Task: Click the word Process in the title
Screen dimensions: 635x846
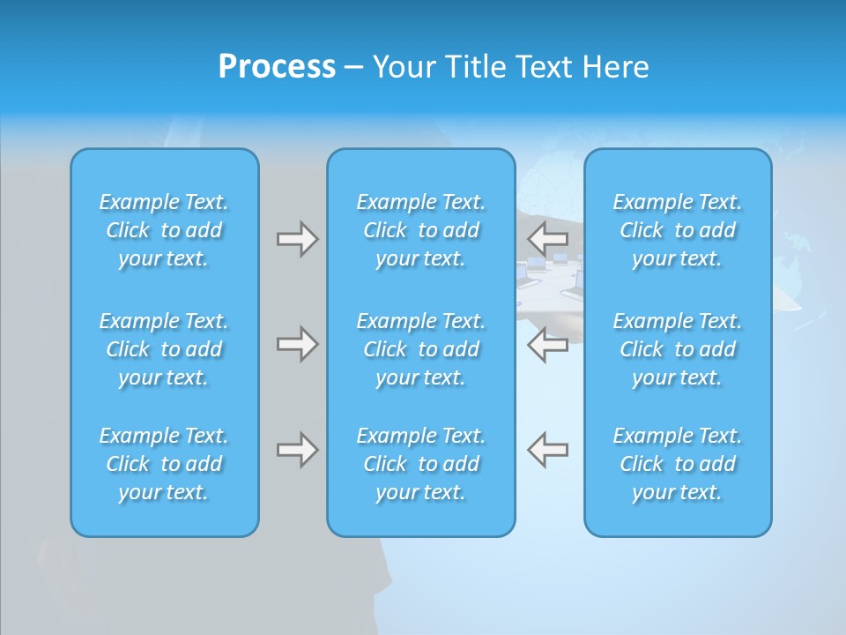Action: coord(277,67)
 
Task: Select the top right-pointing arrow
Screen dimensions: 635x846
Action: coord(297,239)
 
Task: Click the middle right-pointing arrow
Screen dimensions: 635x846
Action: coord(297,344)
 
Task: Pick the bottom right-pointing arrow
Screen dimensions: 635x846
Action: coord(297,450)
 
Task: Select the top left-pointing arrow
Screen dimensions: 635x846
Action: coord(548,237)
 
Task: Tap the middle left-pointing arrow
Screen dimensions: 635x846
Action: coord(548,344)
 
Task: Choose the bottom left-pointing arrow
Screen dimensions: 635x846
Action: coord(548,449)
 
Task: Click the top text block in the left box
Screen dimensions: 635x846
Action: coord(164,230)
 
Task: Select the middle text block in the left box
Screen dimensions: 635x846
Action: coord(164,349)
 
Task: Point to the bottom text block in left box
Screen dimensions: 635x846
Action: coord(164,464)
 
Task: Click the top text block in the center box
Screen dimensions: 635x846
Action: coord(421,230)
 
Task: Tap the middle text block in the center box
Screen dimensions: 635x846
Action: coord(421,349)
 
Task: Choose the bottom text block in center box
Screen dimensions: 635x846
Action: coord(421,464)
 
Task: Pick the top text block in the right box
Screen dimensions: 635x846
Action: coord(678,230)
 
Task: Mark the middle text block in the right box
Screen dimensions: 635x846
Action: coord(678,349)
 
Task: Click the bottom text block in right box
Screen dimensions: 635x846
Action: coord(678,464)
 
